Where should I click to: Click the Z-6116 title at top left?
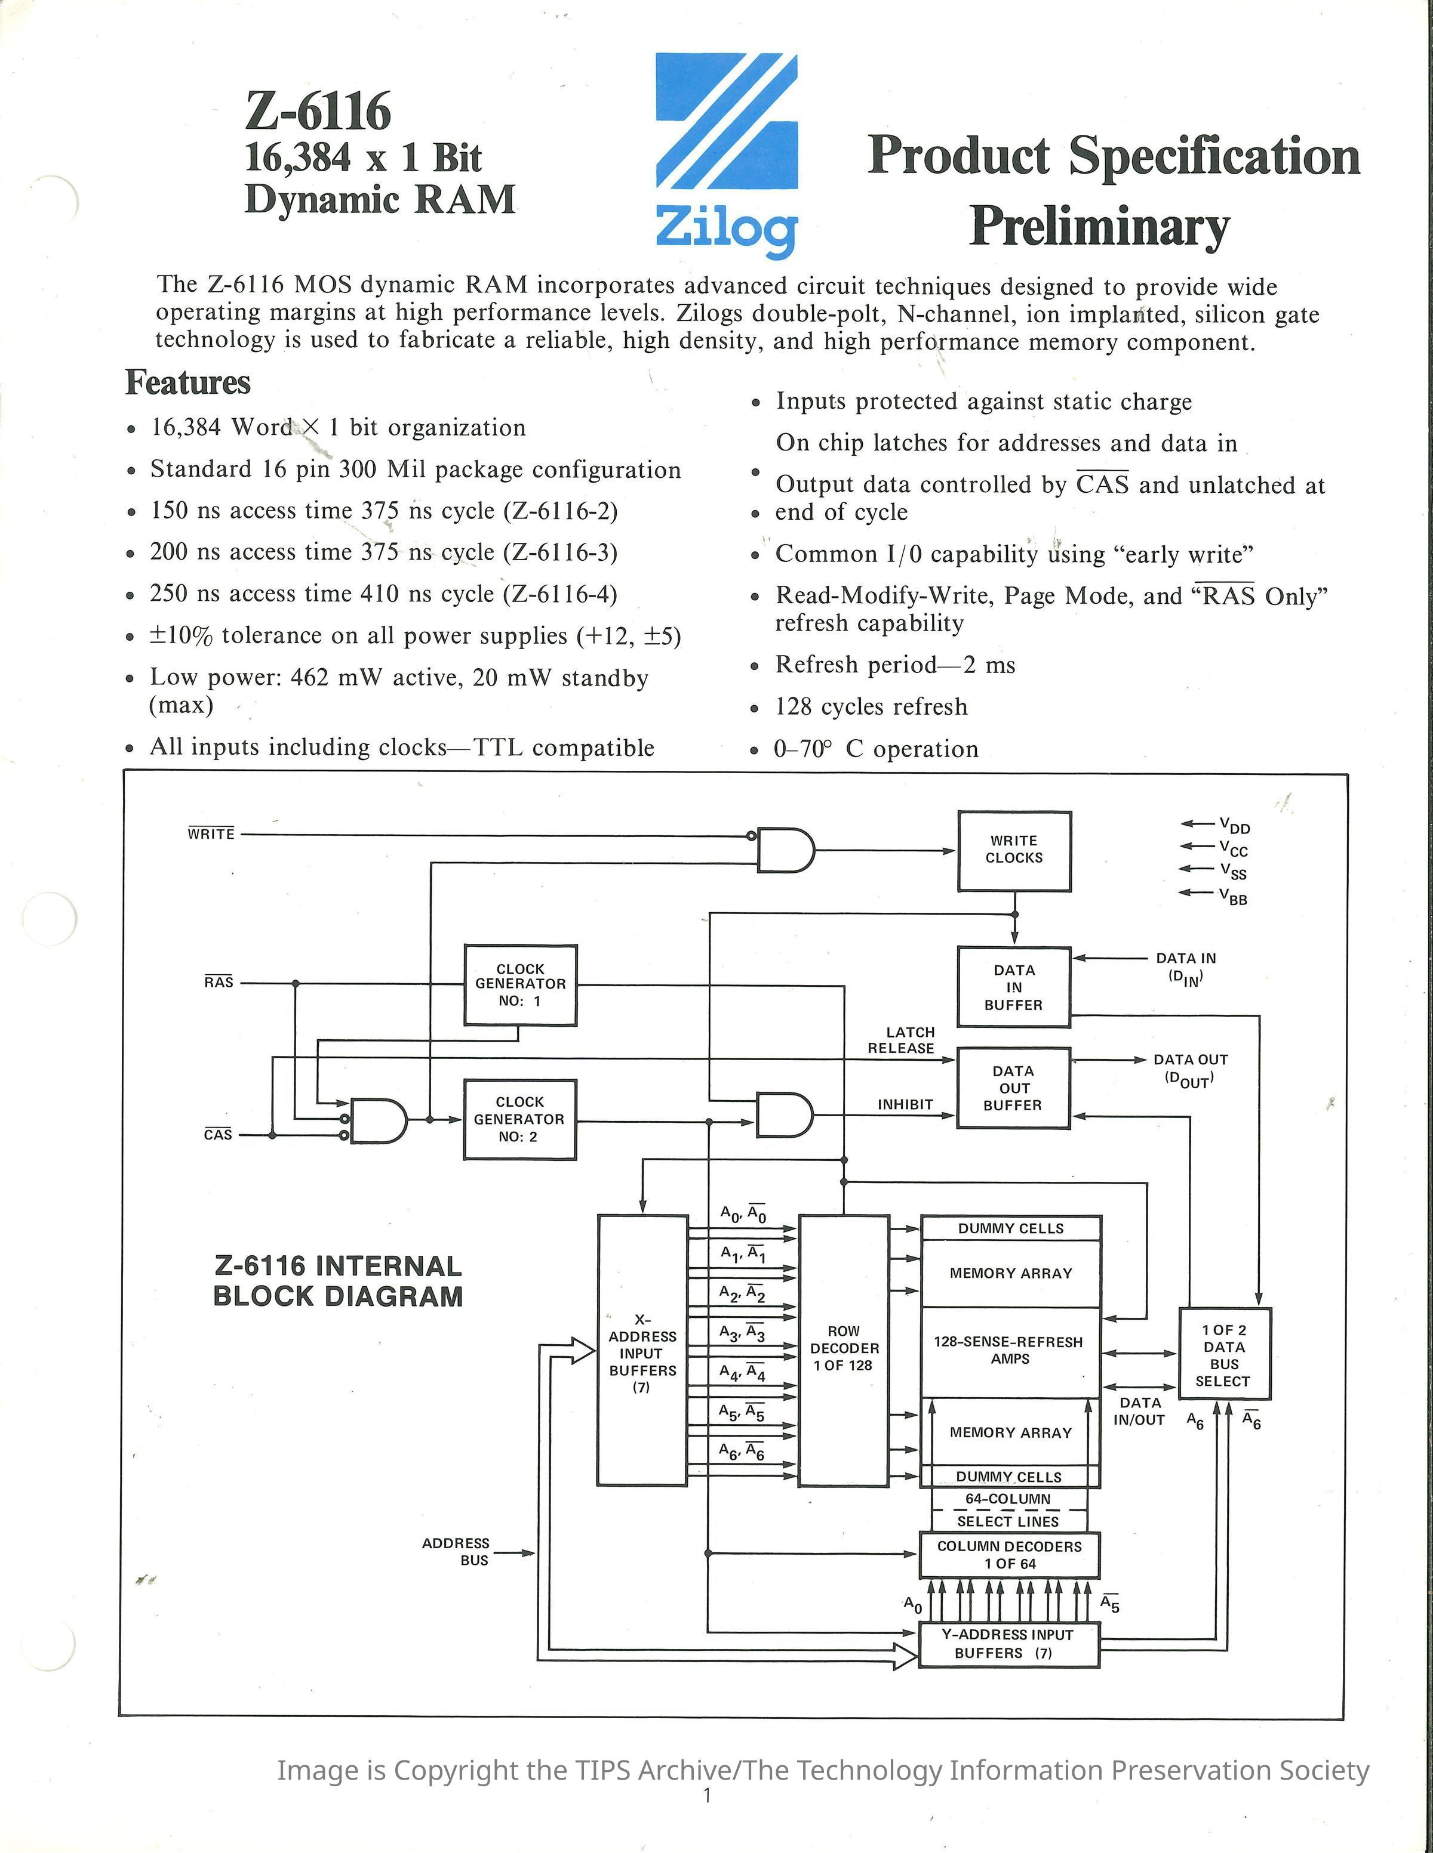point(318,111)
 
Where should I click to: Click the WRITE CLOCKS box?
point(1014,850)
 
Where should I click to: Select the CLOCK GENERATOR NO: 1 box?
point(519,984)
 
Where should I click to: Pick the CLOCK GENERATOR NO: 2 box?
point(519,1119)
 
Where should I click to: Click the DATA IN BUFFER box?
point(1014,987)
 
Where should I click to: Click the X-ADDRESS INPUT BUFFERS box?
point(642,1349)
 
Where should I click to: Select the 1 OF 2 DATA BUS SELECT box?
point(1223,1355)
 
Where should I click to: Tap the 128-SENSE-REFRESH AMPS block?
point(1010,1351)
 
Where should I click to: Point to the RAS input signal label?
point(218,983)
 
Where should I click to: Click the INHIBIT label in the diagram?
point(905,1105)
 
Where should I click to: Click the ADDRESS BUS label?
point(456,1551)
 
